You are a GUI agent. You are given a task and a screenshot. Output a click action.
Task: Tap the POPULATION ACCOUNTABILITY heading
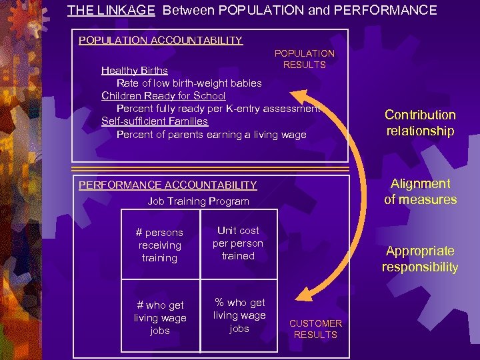coord(160,40)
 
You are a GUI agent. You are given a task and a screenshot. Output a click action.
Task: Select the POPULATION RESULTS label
coord(305,59)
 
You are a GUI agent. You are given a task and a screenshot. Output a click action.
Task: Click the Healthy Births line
coord(134,70)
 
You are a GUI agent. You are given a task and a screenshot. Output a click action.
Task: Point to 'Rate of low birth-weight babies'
coord(189,83)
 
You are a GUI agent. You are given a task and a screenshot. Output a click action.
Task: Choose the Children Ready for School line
coord(163,95)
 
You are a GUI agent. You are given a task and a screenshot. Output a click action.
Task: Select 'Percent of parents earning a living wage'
coord(211,134)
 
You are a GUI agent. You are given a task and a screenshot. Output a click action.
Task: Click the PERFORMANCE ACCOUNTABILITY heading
coord(167,185)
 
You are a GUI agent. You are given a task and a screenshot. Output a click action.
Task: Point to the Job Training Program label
coord(198,201)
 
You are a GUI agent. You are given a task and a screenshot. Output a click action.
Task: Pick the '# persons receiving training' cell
coord(159,245)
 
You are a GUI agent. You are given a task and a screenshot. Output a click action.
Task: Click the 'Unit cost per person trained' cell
coord(238,243)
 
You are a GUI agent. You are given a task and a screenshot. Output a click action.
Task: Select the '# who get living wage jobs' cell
coord(160,317)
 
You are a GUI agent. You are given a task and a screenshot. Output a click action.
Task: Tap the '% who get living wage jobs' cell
coord(239,315)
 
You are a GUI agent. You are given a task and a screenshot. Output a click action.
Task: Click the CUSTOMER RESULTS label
coord(315,329)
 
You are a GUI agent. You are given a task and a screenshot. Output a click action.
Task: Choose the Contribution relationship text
coord(420,123)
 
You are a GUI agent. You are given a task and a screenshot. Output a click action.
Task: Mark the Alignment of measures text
coord(420,191)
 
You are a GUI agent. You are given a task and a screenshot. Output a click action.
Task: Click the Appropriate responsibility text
coord(420,259)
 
